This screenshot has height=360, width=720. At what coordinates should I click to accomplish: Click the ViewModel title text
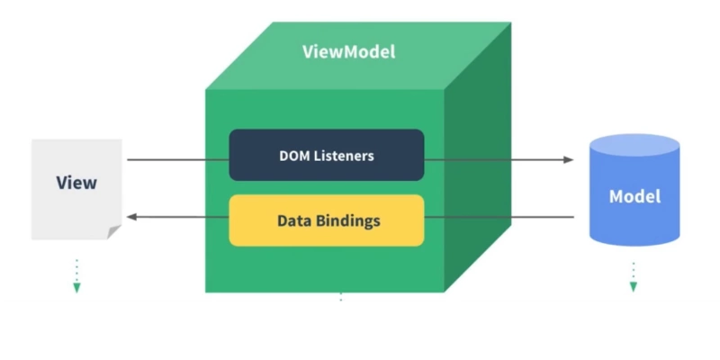tap(348, 51)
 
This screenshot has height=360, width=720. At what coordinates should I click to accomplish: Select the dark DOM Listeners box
tap(326, 155)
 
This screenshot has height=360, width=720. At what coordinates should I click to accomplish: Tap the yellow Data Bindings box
tap(326, 220)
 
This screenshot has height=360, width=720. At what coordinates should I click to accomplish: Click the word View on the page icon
tap(76, 183)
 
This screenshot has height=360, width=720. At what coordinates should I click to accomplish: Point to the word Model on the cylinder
tap(634, 196)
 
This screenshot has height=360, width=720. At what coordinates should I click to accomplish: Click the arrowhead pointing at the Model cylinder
tap(568, 160)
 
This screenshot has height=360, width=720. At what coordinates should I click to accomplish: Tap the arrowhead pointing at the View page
tap(131, 217)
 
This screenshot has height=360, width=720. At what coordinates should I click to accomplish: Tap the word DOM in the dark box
tap(292, 155)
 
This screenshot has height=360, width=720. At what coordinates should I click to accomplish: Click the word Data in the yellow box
tap(292, 220)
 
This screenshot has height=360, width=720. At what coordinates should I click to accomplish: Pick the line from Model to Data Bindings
tap(499, 217)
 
